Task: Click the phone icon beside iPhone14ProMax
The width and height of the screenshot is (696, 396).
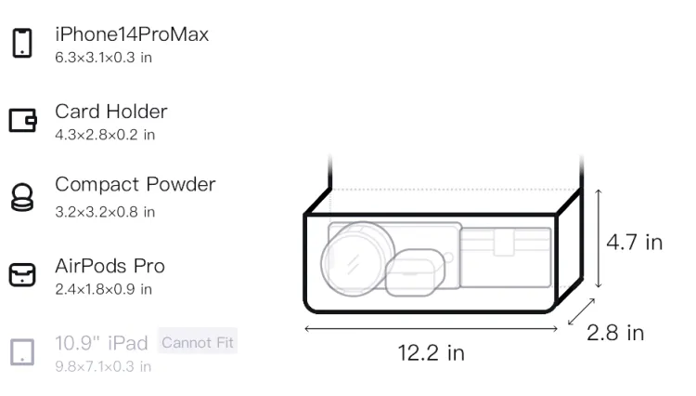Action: (22, 43)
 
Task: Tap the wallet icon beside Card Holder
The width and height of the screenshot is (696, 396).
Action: (22, 121)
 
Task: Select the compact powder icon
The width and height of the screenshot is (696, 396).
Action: (22, 197)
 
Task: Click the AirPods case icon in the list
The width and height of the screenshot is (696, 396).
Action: (22, 274)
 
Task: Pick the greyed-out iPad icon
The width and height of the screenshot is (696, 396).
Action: (22, 352)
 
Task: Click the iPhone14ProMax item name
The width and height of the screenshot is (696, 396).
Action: (132, 34)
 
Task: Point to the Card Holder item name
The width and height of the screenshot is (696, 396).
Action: (111, 112)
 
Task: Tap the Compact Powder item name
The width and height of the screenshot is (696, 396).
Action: (135, 184)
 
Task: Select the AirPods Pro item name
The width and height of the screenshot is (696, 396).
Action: (110, 266)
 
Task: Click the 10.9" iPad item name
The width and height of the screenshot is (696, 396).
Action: (101, 343)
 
